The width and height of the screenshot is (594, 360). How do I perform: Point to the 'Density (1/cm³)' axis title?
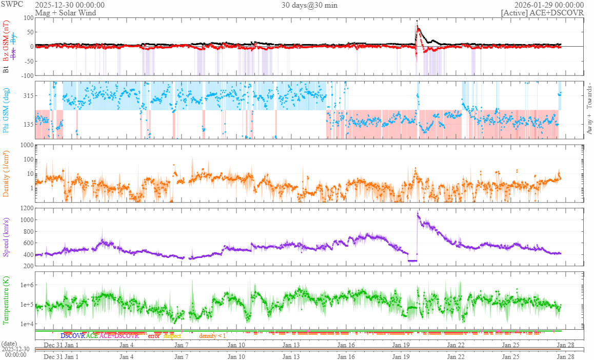pos(7,174)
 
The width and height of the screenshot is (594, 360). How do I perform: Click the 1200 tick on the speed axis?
pos(27,208)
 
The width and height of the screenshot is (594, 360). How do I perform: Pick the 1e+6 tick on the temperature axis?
pos(26,285)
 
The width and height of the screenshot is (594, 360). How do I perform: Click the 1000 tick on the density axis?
pos(27,145)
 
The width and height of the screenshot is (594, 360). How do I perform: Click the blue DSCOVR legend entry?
pos(72,336)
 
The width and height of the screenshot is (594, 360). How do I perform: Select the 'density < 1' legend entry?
pos(212,336)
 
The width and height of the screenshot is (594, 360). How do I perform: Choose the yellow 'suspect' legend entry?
pos(172,336)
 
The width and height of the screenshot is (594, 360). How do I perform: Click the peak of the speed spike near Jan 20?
pos(418,213)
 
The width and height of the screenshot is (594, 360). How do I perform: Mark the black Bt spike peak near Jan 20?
pos(417,21)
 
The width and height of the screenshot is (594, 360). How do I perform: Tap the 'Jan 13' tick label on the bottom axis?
pos(291,345)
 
